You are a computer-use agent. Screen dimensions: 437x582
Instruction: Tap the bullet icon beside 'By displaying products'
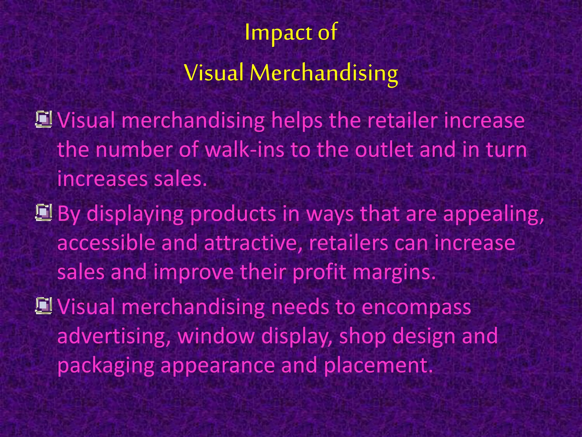click(43, 213)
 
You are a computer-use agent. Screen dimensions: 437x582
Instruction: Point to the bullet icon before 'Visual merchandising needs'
click(43, 306)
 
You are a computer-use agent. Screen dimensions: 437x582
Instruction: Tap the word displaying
click(135, 214)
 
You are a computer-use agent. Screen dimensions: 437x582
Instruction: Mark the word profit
click(319, 272)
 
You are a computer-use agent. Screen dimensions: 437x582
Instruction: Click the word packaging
click(106, 366)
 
